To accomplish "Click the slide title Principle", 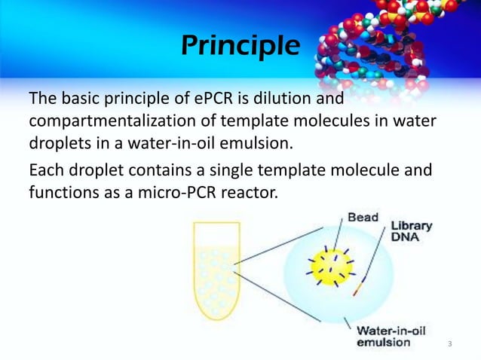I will (240, 46).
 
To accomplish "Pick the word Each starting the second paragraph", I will (43, 171).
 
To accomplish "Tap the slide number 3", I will (449, 344).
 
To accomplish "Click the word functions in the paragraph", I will (61, 194).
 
